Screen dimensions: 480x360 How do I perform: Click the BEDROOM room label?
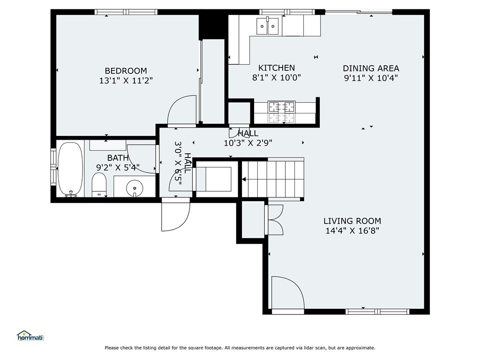click(126, 71)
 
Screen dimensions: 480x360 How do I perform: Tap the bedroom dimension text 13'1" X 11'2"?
click(126, 81)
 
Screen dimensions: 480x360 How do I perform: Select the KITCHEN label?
click(277, 67)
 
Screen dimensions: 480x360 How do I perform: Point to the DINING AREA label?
click(371, 68)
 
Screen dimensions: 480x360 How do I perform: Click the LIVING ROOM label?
click(352, 221)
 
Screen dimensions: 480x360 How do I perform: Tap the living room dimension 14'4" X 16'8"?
click(352, 231)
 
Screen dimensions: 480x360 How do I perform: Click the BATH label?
click(118, 158)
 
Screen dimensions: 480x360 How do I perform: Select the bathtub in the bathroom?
click(70, 169)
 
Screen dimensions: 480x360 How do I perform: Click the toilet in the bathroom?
click(98, 185)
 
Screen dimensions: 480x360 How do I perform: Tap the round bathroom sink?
click(135, 187)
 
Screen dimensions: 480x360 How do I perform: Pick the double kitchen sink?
click(268, 26)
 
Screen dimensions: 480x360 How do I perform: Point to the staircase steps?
click(273, 179)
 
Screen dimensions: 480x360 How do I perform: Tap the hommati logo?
click(30, 336)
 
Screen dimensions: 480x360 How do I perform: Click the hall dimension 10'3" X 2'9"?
click(248, 143)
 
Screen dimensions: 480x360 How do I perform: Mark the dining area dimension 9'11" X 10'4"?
click(371, 78)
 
